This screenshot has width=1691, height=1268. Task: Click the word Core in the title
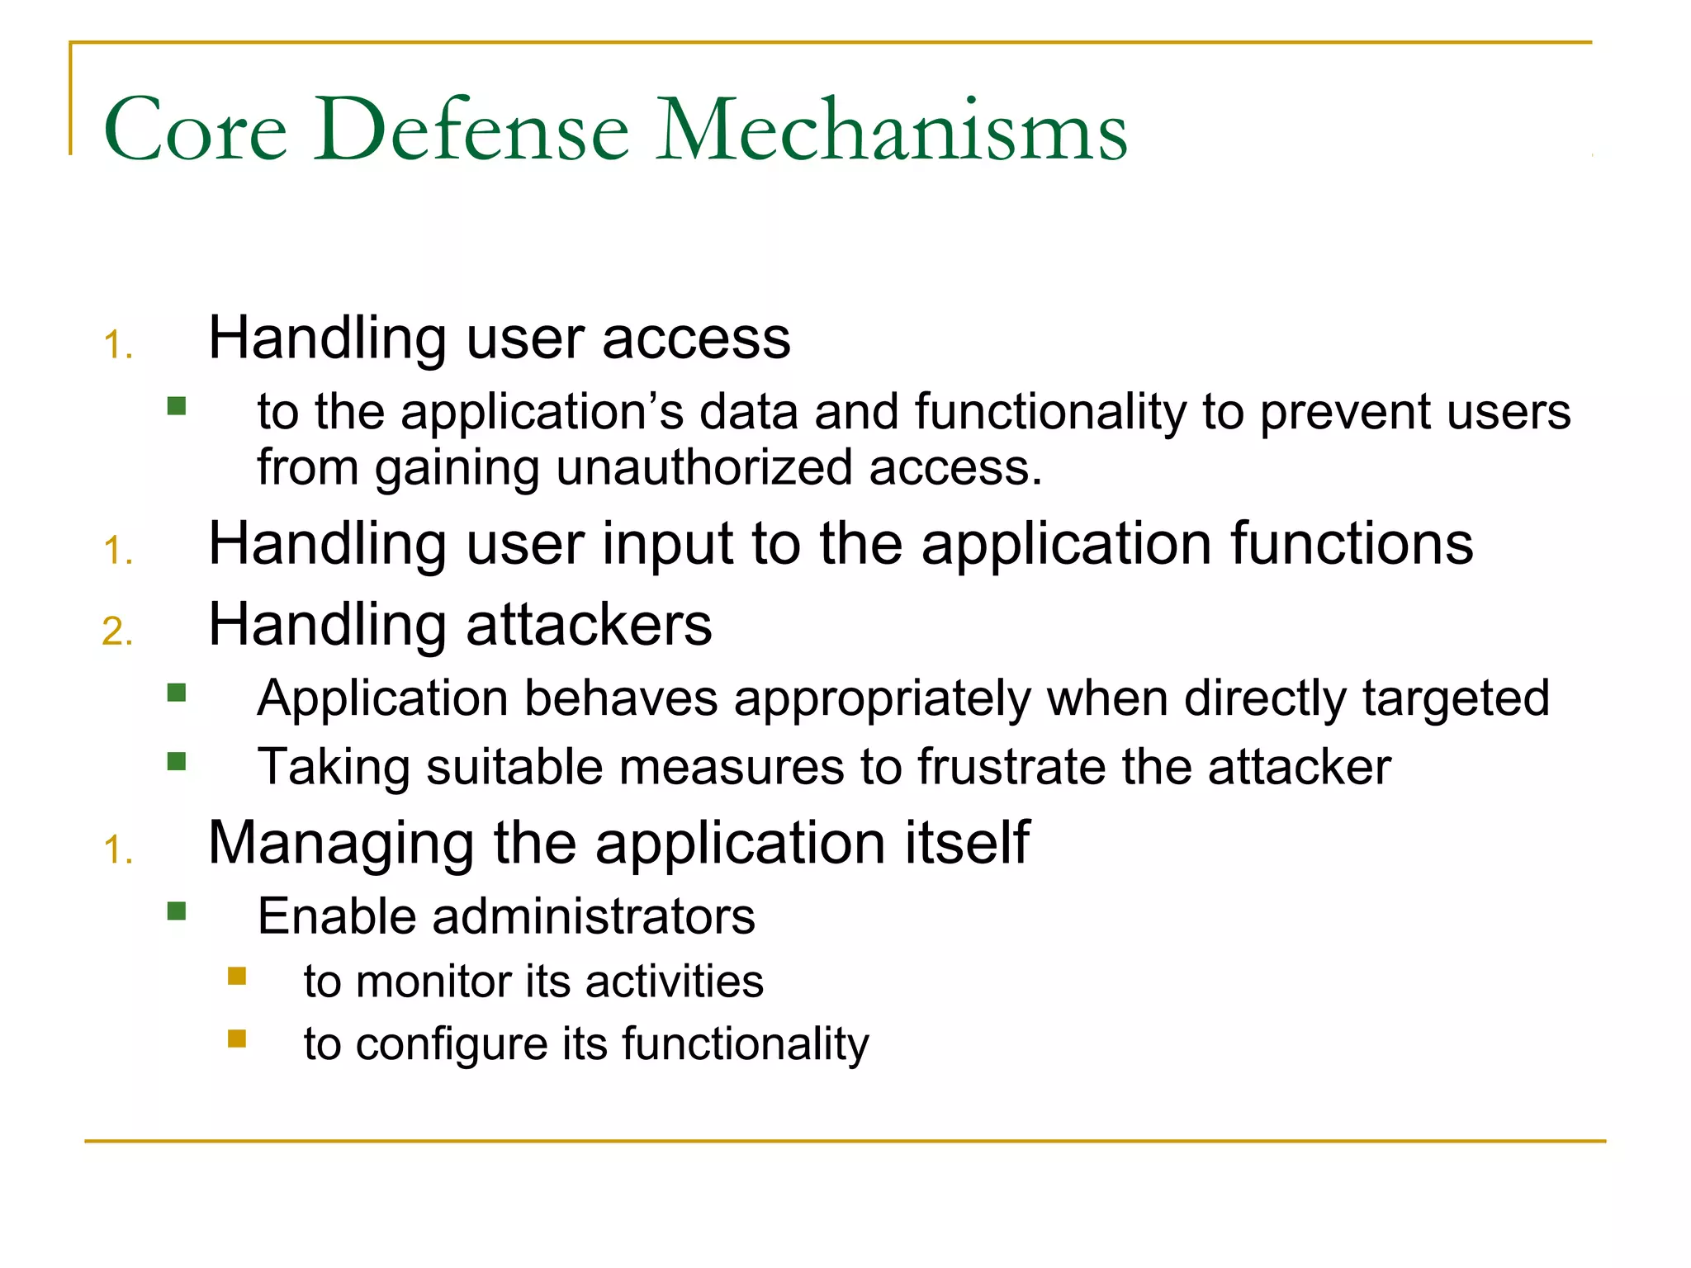196,130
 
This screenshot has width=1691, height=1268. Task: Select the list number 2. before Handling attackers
117,632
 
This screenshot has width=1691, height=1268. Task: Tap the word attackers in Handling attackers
589,625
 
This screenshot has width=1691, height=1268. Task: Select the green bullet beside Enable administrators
176,911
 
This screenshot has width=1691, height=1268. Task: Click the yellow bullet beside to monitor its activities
237,977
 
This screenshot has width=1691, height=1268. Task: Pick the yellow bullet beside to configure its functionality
237,1039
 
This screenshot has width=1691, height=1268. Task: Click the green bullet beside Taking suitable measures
176,760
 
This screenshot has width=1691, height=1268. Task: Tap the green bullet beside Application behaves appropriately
176,692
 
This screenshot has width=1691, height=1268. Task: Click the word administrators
593,917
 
